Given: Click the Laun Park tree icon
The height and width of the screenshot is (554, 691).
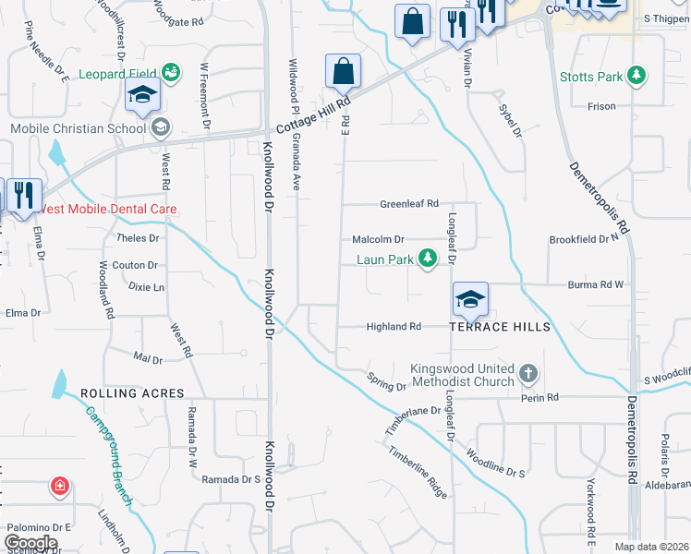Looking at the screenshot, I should (428, 259).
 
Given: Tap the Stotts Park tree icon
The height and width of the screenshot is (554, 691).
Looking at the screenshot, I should (636, 75).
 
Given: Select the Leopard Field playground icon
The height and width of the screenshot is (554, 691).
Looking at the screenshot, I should (170, 72).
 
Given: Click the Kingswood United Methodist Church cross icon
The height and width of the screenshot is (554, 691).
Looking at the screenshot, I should (527, 374).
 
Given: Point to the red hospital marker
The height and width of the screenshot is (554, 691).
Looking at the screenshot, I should (60, 485).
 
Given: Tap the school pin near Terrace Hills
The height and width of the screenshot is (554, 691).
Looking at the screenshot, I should (469, 299).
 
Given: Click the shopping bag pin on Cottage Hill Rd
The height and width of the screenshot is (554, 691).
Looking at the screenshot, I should (343, 71).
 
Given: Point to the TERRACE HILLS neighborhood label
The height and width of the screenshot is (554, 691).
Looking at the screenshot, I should (500, 327).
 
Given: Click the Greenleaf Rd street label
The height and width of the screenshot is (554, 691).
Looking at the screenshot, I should (409, 204).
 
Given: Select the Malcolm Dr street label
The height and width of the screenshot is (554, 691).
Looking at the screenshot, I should (379, 239).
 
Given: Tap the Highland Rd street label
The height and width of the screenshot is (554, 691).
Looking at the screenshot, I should (394, 327).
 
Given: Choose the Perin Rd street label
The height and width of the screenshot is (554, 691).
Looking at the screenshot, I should (539, 397).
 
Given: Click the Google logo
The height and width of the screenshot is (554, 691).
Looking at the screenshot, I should (30, 543).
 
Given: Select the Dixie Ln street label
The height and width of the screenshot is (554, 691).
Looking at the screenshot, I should (146, 287).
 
